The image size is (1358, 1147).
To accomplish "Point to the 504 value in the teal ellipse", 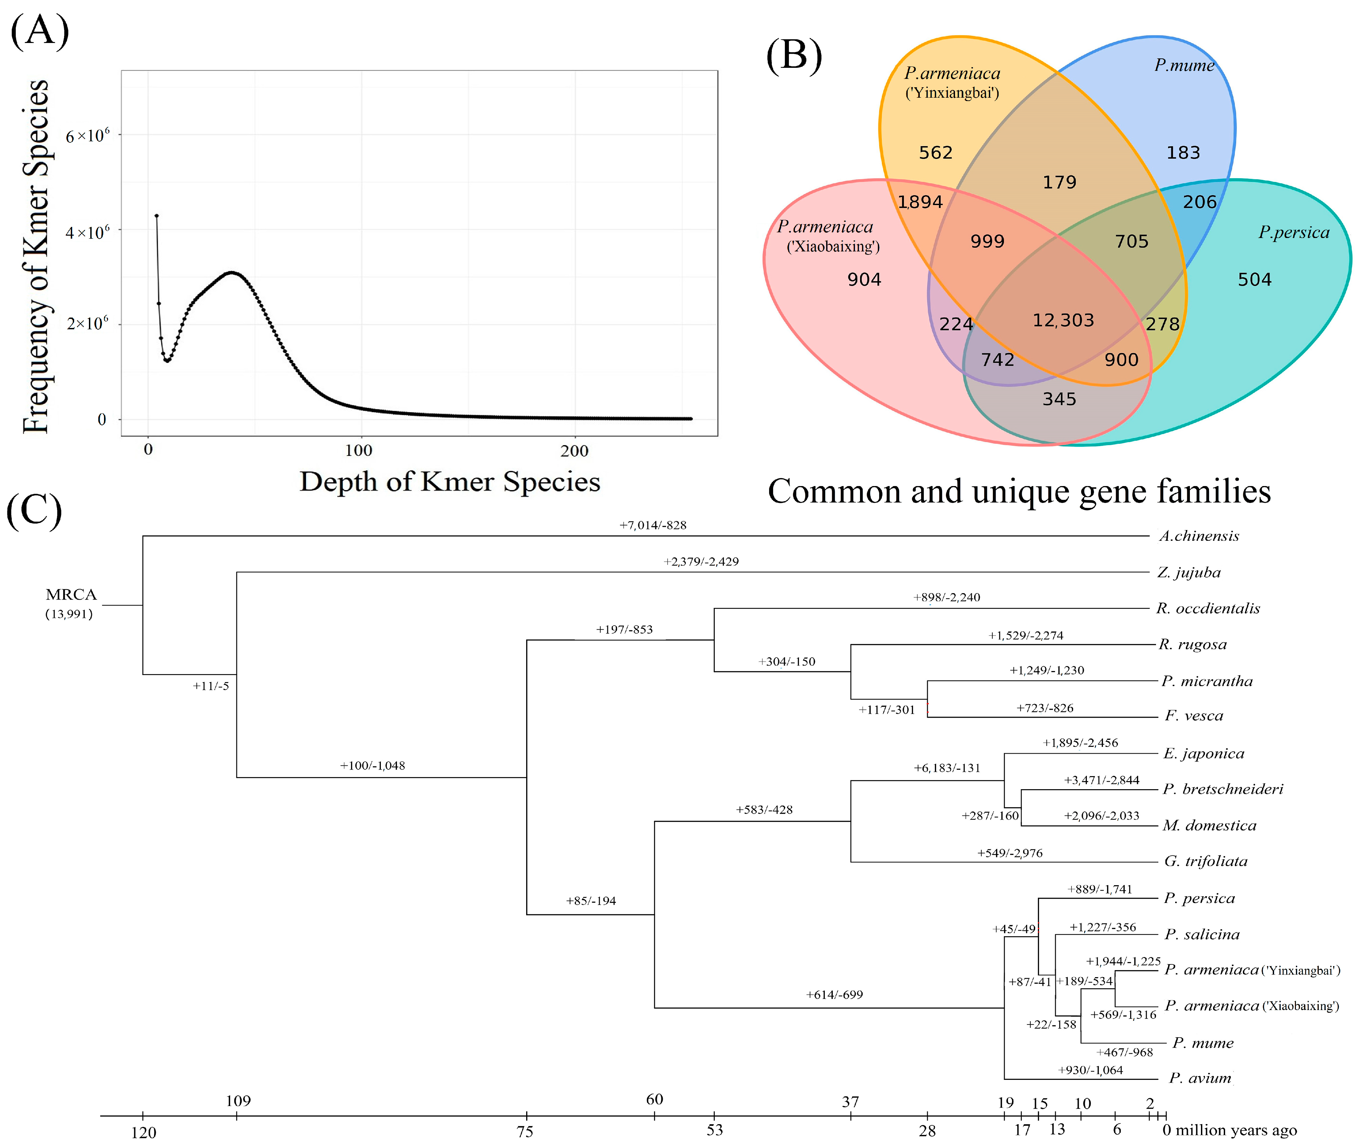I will pos(1254,280).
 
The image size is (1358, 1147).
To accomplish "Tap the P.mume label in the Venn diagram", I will pos(1184,65).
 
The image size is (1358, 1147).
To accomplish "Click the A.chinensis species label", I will pos(1199,536).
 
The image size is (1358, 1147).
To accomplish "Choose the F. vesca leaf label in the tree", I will pos(1194,716).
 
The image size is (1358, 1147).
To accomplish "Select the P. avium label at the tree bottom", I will pos(1200,1078).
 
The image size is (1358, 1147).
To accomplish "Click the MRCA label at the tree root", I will pos(71,594).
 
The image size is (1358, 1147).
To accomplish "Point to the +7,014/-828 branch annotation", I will pos(653,525).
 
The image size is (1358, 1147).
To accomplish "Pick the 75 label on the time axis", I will pos(524,1132).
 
